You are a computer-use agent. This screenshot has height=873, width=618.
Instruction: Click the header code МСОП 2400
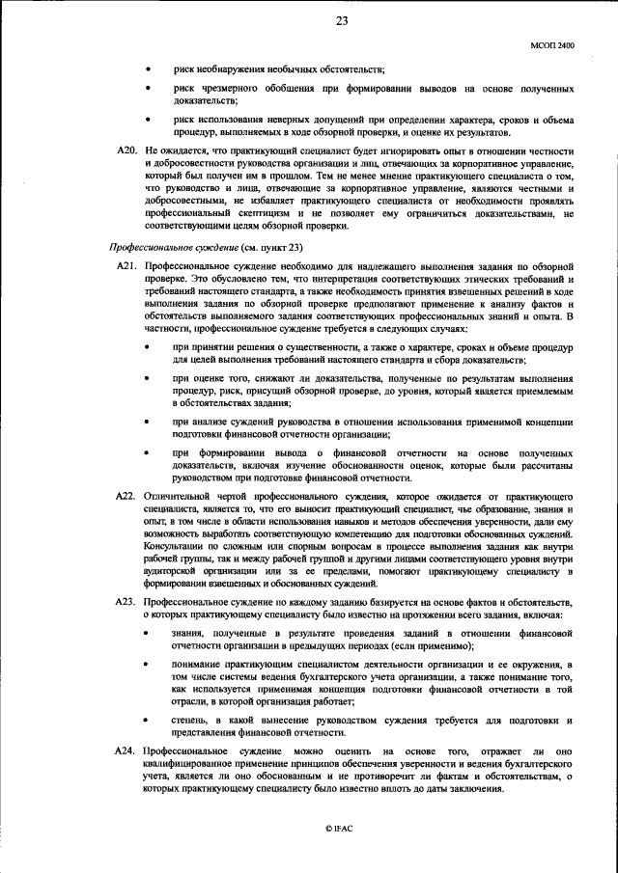coord(552,45)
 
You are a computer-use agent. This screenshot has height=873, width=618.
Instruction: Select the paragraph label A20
coord(126,151)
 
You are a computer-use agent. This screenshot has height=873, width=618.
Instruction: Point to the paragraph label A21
coord(126,265)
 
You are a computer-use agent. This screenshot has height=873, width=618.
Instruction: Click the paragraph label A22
coord(126,496)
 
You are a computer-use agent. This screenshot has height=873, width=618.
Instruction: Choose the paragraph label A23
coord(126,600)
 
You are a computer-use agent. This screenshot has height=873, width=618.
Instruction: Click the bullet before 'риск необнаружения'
coord(147,70)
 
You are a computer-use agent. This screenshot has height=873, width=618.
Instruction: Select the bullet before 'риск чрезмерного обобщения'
coord(147,89)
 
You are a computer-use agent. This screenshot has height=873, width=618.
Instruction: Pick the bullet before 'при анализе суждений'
coord(147,423)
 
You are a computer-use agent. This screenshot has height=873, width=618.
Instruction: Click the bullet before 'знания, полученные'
coord(147,633)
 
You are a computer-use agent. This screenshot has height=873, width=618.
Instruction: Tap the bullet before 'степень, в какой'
coord(147,720)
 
